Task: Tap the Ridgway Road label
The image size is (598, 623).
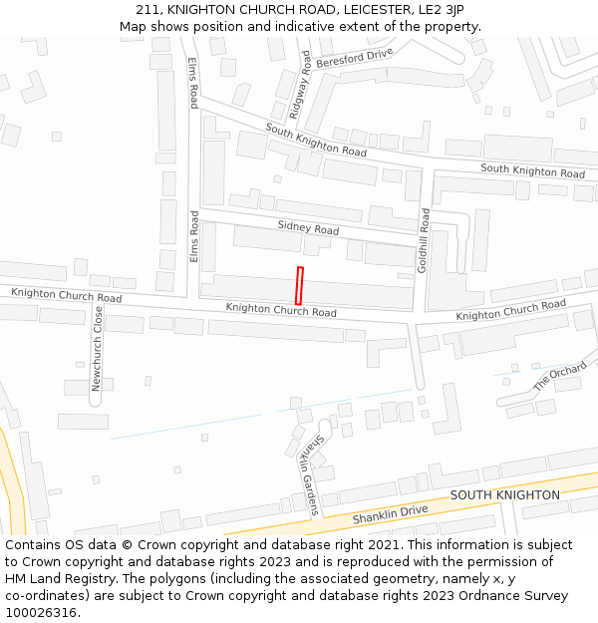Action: [300, 86]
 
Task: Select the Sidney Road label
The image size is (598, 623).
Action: [308, 229]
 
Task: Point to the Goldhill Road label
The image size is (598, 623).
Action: [425, 241]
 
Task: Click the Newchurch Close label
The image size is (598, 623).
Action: [98, 348]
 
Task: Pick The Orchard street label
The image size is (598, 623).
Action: [559, 376]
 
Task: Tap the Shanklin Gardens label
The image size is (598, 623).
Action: [309, 474]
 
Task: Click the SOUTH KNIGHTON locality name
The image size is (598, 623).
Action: [504, 495]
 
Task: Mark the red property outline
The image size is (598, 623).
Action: [299, 285]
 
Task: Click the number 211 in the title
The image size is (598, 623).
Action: [149, 10]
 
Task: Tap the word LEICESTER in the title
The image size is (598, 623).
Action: [366, 10]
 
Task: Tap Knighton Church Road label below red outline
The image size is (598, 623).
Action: [281, 310]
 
